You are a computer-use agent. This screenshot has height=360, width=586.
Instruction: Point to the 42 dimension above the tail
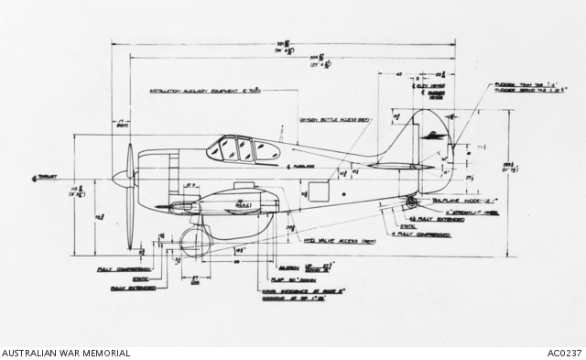click(x=399, y=73)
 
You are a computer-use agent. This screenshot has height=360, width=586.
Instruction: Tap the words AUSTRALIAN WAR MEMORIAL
click(x=66, y=353)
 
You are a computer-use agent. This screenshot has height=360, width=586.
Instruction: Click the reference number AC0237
click(x=564, y=353)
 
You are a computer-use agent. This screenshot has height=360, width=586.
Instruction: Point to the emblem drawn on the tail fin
click(x=435, y=135)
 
